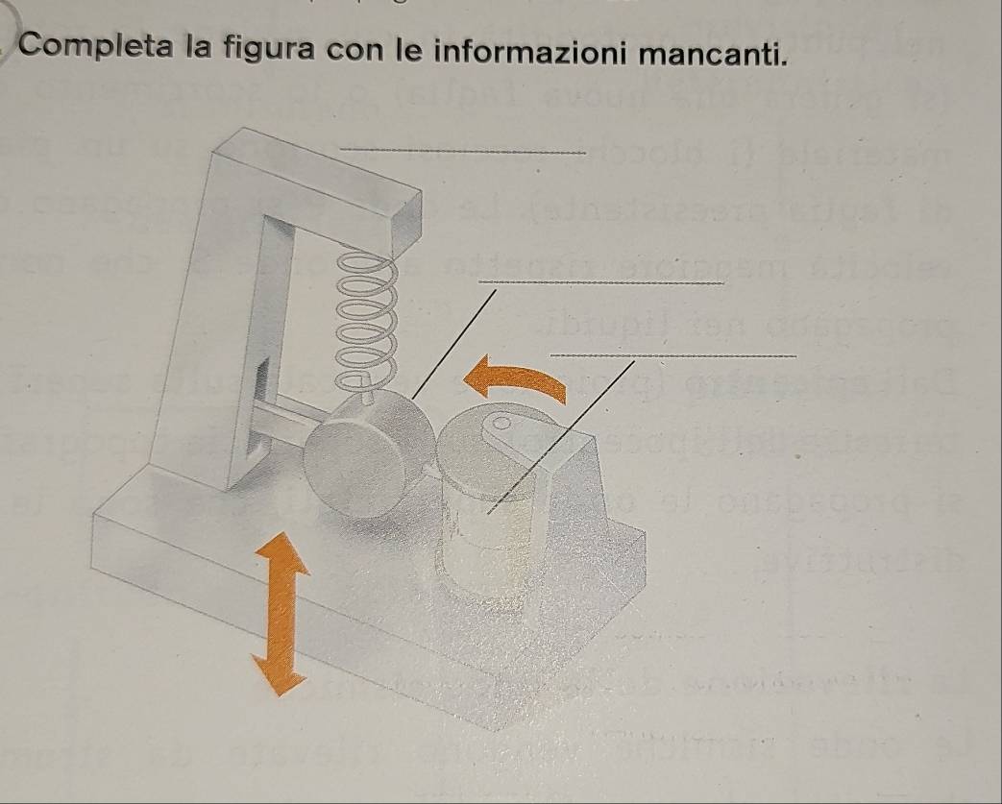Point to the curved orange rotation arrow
point(515,376)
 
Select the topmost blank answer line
point(463,151)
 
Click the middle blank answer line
point(601,281)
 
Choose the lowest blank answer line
point(673,355)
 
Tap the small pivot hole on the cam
point(502,423)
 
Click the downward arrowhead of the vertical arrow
point(279,674)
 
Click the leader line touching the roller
point(454,345)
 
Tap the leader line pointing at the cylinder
point(561,437)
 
